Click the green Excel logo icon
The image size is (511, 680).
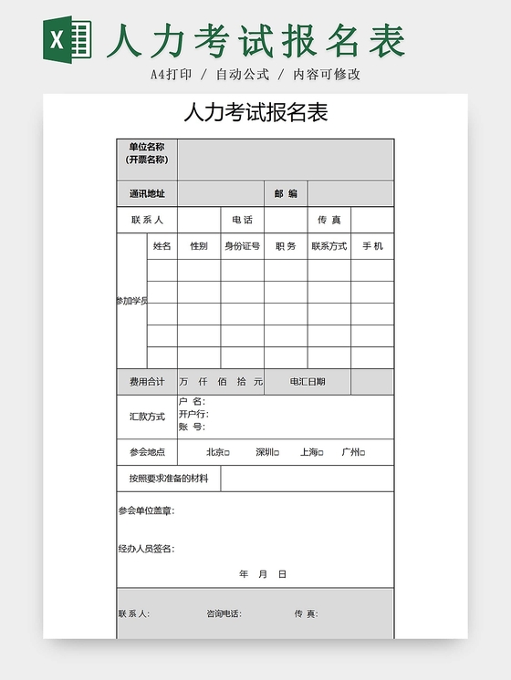68,41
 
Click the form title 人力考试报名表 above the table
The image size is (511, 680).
255,113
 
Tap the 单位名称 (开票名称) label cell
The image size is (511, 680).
147,153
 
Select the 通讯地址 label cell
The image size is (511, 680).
147,193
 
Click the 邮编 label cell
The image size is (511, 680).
286,193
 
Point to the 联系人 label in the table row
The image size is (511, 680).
147,220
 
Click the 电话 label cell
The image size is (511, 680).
242,220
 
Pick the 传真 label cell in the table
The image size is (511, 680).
328,220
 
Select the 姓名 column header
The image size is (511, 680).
162,246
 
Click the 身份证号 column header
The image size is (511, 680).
242,246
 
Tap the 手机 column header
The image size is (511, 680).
372,246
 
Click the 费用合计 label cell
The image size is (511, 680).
147,382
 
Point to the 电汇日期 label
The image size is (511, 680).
308,382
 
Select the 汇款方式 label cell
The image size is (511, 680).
147,417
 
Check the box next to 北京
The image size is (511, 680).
227,453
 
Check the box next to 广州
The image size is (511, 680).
362,453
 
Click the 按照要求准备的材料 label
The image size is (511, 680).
169,479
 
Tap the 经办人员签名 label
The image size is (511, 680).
146,549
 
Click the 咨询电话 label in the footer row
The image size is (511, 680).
224,613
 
